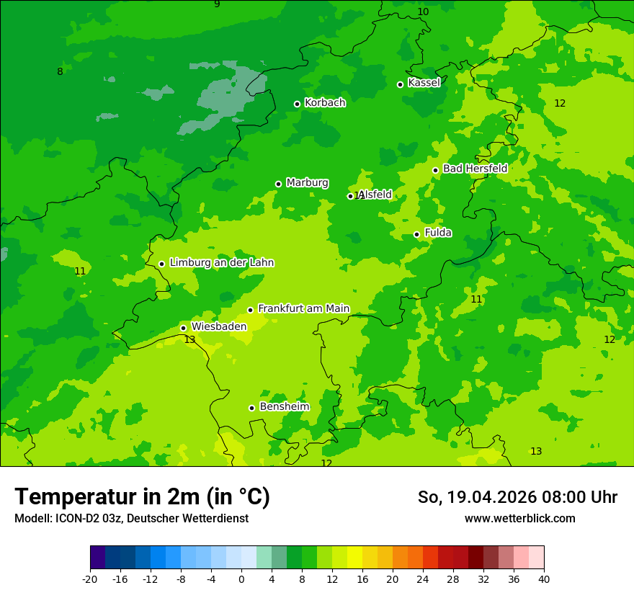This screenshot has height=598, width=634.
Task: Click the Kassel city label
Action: (x=424, y=83)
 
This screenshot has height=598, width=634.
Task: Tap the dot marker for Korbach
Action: (x=297, y=104)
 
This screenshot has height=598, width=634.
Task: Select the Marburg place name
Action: (x=307, y=183)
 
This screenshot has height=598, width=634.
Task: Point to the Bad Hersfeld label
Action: (x=475, y=169)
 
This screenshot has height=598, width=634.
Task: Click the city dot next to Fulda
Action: (x=416, y=234)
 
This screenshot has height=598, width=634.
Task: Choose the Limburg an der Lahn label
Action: (x=221, y=263)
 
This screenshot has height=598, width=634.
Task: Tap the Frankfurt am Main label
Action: (x=303, y=309)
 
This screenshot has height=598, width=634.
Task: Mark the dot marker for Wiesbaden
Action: (x=183, y=328)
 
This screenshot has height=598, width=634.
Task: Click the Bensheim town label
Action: (x=284, y=407)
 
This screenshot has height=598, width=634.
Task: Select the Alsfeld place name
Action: (x=375, y=195)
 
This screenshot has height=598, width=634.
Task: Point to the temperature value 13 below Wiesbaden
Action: (x=189, y=339)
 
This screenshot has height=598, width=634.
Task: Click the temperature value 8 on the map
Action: (x=60, y=71)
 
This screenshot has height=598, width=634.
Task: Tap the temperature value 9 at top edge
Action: (x=217, y=4)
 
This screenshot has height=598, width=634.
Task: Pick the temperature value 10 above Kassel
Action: (x=423, y=12)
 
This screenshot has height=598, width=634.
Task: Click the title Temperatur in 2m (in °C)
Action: (x=142, y=497)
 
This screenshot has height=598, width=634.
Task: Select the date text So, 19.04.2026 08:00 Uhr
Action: (x=517, y=497)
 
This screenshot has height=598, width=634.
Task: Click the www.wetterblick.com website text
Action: (x=519, y=519)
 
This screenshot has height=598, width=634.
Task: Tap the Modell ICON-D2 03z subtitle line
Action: (x=131, y=519)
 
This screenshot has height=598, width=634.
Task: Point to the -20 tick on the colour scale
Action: (x=90, y=579)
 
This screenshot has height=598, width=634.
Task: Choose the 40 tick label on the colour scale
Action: (x=543, y=579)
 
